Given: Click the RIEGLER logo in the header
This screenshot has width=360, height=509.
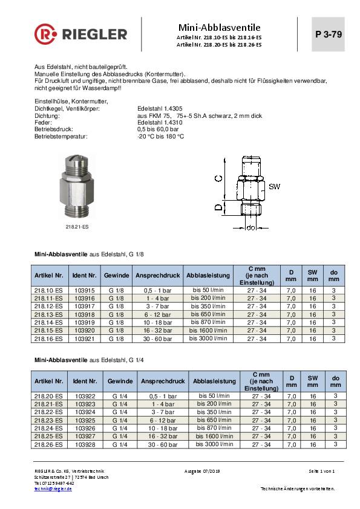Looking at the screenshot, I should (x=81, y=34).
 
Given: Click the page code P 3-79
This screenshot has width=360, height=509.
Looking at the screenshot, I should (x=329, y=34).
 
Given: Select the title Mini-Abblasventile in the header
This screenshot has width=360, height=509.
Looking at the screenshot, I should (x=219, y=27).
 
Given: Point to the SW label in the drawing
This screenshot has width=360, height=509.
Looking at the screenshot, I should (x=274, y=186).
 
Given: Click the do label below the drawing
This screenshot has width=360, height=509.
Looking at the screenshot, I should (x=251, y=228).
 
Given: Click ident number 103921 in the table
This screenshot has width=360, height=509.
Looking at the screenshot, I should (x=85, y=339).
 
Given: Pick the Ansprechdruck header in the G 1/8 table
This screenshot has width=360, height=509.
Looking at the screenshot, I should (x=158, y=275).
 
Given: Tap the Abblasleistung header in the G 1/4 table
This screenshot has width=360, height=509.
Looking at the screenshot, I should (x=214, y=381).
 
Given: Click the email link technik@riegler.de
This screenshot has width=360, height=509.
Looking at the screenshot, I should (x=53, y=488).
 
